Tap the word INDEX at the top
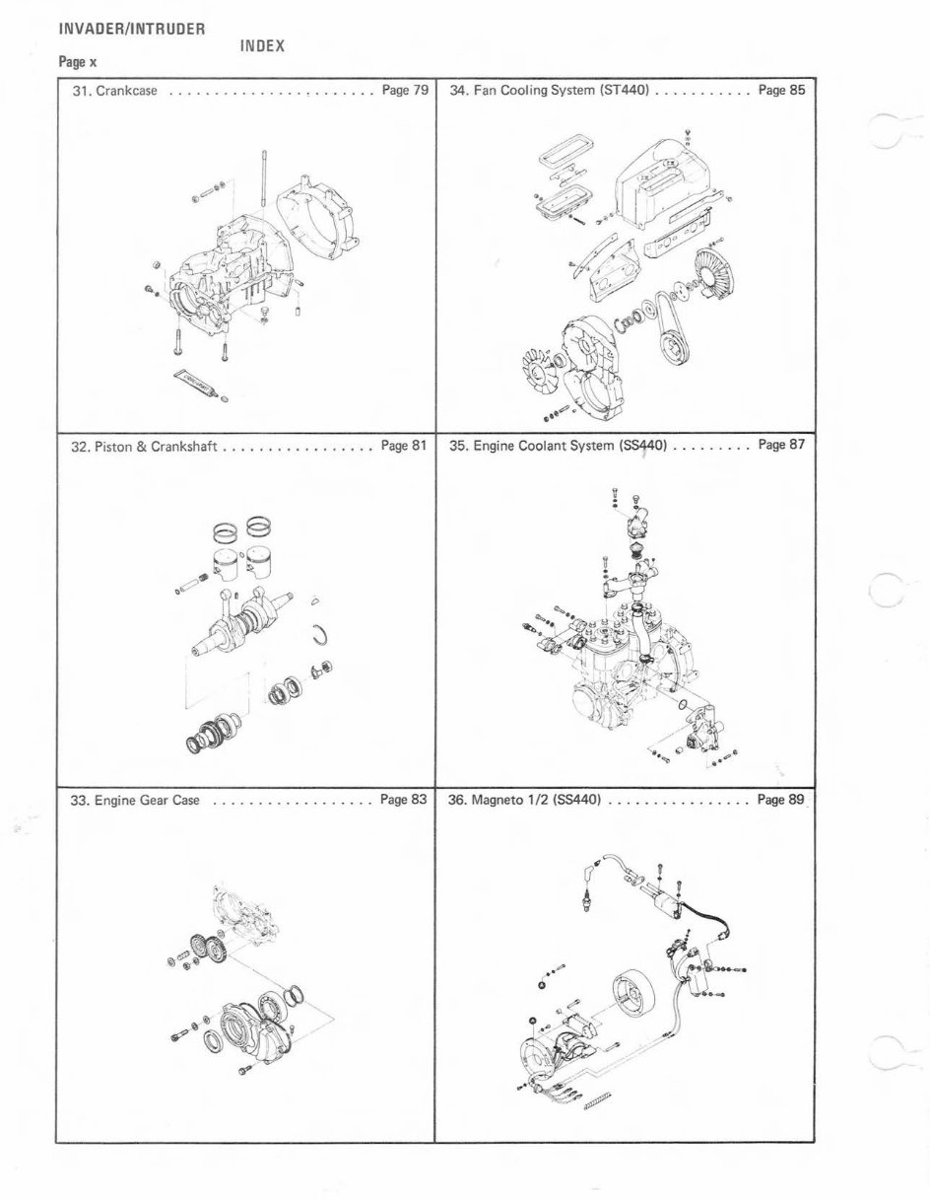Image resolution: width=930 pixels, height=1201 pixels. [x=262, y=45]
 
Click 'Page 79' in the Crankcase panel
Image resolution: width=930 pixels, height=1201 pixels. [x=405, y=91]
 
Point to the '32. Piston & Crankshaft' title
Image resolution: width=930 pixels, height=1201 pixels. [x=144, y=446]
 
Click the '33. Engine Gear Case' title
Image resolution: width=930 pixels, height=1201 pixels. [x=136, y=801]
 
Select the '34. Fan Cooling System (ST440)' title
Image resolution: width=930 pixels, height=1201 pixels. [x=548, y=91]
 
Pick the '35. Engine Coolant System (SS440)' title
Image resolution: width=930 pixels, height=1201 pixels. [x=559, y=446]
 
